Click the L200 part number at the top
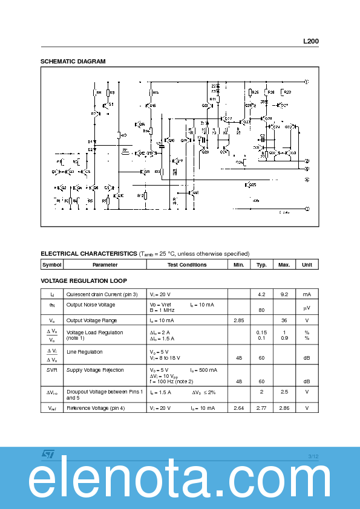tap(310, 42)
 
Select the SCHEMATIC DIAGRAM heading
tap(73, 62)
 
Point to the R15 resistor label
tap(155, 92)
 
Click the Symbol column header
tap(52, 265)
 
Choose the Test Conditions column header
tap(186, 265)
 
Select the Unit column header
tap(307, 265)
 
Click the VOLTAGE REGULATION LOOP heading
tap(83, 281)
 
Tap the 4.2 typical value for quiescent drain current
tap(261, 294)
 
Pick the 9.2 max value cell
tap(284, 294)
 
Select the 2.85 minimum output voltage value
tap(238, 320)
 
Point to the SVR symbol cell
tap(52, 370)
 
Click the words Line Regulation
tap(84, 352)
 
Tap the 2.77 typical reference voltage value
tap(261, 409)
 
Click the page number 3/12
tap(313, 456)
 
